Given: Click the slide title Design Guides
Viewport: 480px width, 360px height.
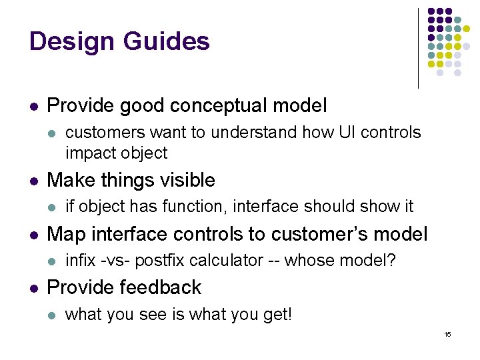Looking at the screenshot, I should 119,41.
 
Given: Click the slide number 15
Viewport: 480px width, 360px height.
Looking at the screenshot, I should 447,333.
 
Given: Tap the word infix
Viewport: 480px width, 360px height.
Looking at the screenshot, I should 80,261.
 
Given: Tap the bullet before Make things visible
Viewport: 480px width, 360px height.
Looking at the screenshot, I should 33,181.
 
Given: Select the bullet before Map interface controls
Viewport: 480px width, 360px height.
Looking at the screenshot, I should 33,235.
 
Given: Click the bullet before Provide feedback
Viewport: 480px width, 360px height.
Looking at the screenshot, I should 33,288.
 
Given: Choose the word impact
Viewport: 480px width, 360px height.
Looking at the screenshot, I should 89,153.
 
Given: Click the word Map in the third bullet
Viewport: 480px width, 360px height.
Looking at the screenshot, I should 67,234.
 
